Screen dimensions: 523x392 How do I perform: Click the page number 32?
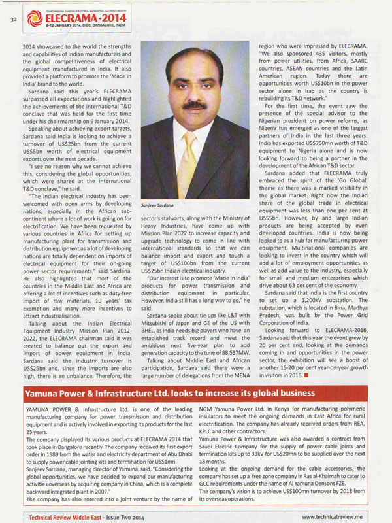12,20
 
